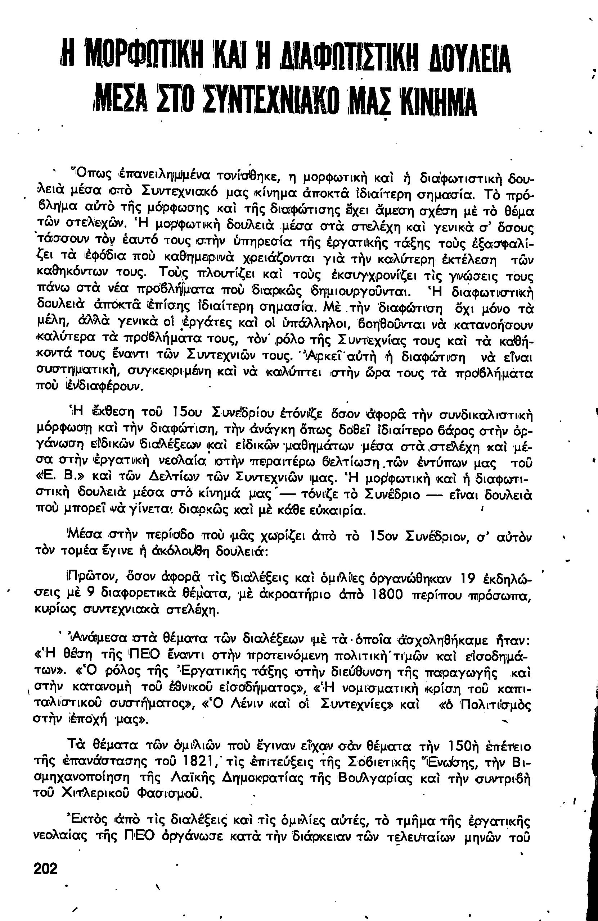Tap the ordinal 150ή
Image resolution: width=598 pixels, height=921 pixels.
[x=466, y=745]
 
